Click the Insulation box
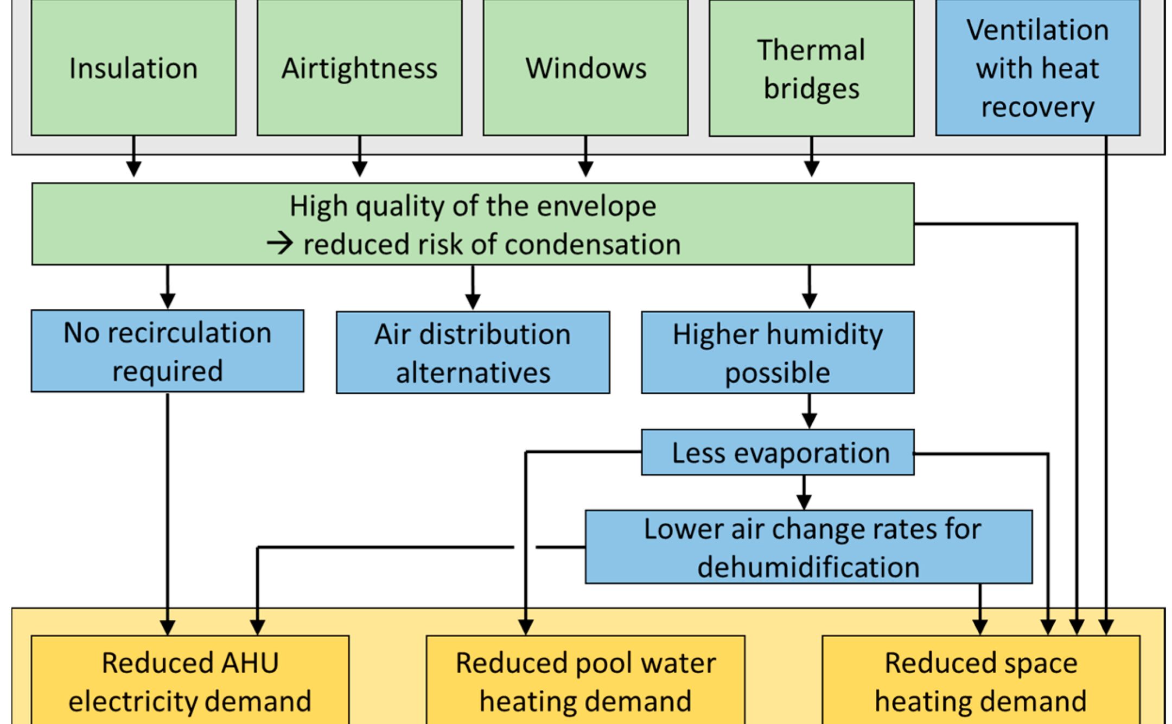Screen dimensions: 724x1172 133,68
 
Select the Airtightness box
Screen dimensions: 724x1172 359,68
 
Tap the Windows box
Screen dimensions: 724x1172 585,68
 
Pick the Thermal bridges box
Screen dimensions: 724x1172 811,68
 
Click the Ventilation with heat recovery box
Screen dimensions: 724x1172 1037,68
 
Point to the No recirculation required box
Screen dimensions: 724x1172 167,351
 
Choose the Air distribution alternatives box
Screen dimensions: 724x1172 473,353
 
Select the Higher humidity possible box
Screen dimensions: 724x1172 778,353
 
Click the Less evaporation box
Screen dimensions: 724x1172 778,453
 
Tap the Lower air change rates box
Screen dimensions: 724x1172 808,547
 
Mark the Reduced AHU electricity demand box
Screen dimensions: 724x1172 190,681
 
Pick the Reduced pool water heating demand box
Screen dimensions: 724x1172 585,681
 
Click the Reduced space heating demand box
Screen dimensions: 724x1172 981,681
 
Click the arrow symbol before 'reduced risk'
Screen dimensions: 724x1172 280,244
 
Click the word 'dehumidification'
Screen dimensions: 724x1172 808,567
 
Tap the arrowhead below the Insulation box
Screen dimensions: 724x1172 133,169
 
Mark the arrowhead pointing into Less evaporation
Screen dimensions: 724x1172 809,421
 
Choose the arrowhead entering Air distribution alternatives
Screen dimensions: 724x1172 473,302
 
